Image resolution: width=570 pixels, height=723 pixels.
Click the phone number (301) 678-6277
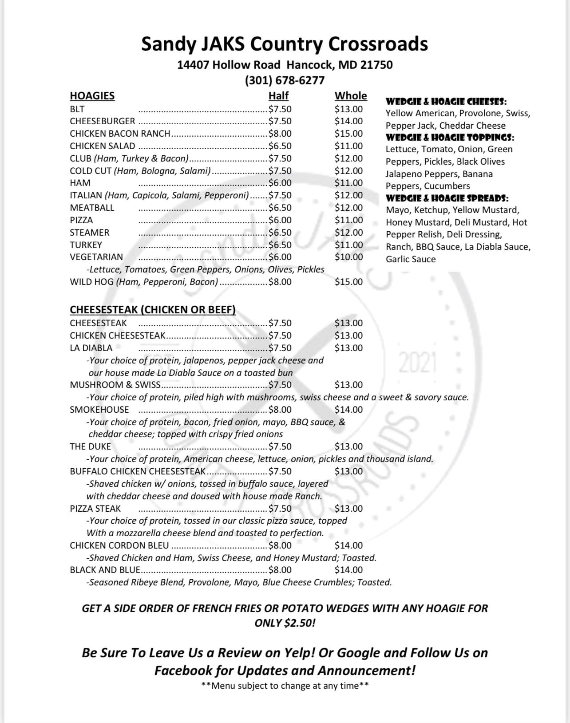285,80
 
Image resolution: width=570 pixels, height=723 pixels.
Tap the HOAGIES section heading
92,96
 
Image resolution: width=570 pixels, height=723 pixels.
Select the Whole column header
351,96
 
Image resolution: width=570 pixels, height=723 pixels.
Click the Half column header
278,96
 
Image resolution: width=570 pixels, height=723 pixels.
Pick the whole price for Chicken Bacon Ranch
348,134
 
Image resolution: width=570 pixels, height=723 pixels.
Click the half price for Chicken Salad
280,146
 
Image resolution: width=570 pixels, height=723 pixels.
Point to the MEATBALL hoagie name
92,208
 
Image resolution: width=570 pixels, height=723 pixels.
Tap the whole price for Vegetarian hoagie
348,257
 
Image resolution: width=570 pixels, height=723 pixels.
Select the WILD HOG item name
91,282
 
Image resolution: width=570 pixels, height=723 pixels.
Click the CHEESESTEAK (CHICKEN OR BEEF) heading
153,310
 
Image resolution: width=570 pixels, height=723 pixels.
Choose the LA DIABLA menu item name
91,348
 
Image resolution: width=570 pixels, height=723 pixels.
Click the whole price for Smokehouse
348,410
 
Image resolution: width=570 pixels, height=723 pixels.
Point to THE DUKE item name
90,446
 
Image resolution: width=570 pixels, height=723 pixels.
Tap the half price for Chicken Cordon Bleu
280,545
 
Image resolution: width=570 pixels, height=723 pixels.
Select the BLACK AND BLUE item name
105,570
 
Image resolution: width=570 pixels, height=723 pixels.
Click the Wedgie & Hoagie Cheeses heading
446,101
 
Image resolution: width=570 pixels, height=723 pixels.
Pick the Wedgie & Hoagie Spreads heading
447,198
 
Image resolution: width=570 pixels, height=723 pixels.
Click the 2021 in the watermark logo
418,363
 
